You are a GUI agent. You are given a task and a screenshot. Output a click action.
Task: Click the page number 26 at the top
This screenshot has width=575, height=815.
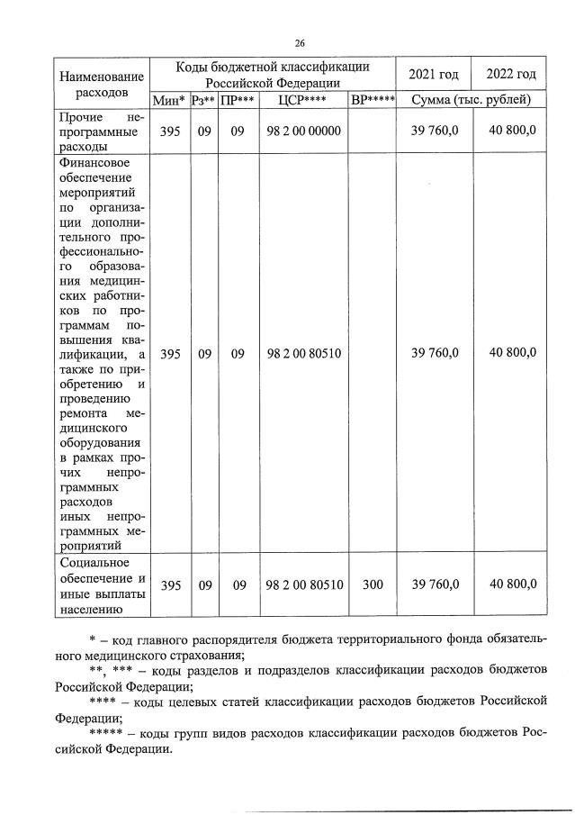300,42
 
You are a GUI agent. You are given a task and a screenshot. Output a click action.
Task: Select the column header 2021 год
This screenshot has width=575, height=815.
435,74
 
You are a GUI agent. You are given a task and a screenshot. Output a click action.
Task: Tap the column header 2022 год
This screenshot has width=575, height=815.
510,74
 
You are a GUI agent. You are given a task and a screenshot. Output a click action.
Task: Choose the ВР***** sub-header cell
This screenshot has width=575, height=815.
373,100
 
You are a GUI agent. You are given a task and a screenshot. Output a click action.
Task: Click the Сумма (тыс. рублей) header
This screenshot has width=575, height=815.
472,100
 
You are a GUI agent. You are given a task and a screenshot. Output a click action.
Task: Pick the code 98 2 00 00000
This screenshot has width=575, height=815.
304,131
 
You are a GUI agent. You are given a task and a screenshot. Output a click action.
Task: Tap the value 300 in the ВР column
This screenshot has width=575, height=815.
373,584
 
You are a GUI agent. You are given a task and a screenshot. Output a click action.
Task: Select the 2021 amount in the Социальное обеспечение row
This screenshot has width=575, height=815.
436,584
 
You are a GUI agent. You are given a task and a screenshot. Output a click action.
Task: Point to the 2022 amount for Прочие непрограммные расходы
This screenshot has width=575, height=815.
512,131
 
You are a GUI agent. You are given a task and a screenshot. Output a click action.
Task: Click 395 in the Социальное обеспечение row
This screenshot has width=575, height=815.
170,584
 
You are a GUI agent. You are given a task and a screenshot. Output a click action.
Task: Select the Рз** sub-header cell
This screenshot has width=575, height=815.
204,100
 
